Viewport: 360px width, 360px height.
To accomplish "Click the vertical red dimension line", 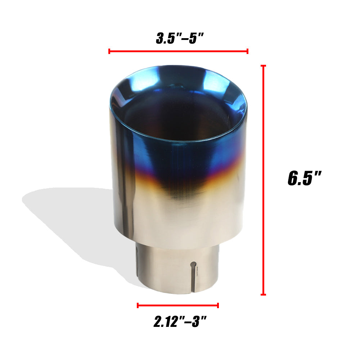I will [264, 180].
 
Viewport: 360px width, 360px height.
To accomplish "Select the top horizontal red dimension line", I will [178, 51].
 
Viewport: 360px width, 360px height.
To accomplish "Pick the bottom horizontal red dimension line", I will [178, 306].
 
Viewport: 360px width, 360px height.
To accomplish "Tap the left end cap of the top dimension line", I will [109, 51].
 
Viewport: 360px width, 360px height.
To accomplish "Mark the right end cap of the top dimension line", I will [247, 51].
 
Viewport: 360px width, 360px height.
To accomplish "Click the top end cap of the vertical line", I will [264, 66].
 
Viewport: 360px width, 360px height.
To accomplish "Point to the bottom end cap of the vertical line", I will [264, 294].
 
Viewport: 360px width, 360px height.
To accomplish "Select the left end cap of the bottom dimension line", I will [138, 306].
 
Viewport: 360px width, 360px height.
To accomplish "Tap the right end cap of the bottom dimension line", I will [218, 306].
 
